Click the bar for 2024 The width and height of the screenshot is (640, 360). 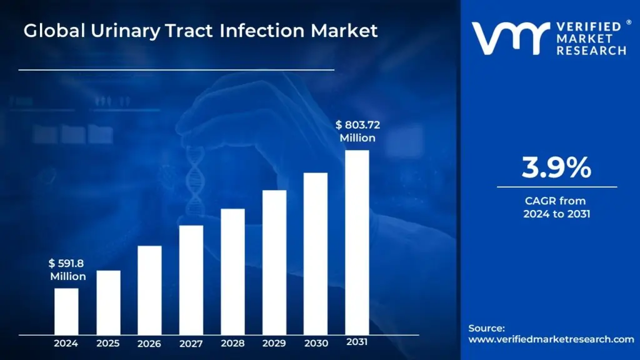click(66, 311)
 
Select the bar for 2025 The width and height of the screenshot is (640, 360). click(108, 302)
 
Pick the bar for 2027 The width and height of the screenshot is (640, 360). click(191, 279)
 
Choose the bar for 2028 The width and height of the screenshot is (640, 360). click(232, 271)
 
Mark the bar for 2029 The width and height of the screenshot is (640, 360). click(274, 262)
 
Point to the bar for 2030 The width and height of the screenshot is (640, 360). click(316, 253)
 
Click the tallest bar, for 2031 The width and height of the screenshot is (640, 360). click(357, 242)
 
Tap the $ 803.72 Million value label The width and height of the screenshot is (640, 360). click(357, 131)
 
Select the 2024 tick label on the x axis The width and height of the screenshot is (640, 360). click(66, 343)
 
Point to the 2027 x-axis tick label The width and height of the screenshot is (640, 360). click(191, 343)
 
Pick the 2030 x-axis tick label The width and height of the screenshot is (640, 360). click(316, 343)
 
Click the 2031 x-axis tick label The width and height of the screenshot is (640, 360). click(357, 342)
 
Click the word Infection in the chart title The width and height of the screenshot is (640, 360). click(257, 31)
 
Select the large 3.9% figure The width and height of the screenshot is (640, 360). click(556, 167)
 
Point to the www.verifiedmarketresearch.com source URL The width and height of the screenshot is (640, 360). click(551, 339)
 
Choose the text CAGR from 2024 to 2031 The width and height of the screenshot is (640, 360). click(556, 207)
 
